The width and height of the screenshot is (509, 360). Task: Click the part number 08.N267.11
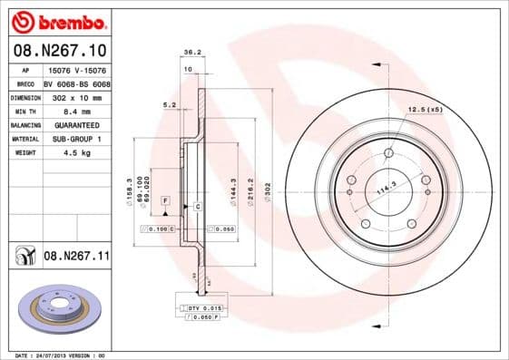76,257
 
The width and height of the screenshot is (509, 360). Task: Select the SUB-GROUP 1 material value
76,139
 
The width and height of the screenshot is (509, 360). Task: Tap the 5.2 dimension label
169,105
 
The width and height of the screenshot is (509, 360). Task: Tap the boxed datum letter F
165,199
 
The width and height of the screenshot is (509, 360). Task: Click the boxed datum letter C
198,208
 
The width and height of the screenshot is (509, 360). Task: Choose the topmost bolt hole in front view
388,153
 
